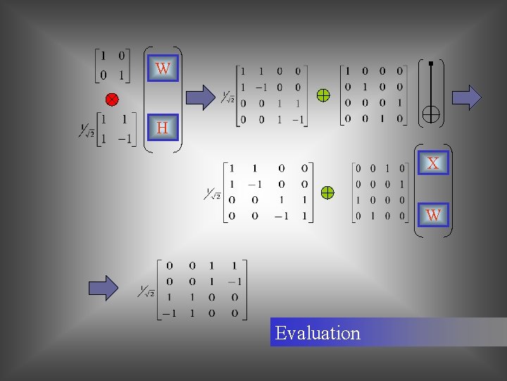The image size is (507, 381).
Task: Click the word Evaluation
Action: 318,333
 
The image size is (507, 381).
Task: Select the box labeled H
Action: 163,128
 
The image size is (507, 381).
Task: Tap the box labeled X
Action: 432,163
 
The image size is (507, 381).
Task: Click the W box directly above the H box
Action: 163,68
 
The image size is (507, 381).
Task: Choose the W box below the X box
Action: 432,214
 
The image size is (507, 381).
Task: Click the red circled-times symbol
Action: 112,98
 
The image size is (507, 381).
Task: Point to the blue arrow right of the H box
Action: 201,97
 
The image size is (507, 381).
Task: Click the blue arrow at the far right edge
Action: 466,96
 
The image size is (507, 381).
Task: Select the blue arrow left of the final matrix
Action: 104,288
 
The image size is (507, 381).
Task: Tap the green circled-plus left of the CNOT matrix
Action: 323,95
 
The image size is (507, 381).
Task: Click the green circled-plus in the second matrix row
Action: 327,192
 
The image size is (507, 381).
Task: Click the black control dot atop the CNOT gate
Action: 430,64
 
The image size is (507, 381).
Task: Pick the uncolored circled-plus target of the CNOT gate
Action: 430,114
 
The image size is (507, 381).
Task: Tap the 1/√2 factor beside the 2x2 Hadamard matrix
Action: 87,131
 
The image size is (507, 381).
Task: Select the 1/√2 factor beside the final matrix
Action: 146,290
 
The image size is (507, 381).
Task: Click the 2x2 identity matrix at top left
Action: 112,65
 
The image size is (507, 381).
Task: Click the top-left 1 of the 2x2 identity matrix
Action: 103,56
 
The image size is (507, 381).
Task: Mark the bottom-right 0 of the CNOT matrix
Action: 399,119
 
